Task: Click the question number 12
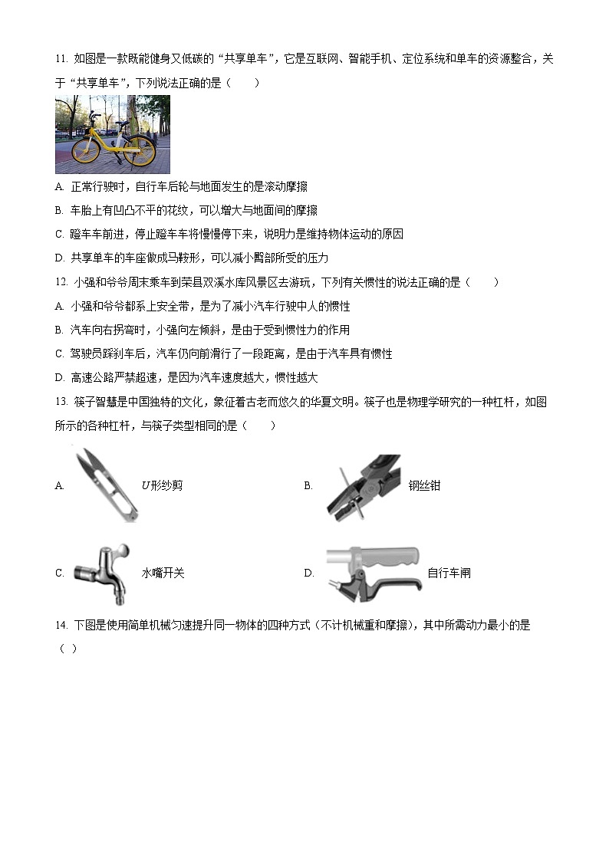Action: [x=61, y=282]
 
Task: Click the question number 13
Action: [x=61, y=402]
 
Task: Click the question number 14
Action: [x=61, y=626]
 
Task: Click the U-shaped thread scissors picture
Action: [x=106, y=485]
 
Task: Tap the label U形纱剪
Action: [x=162, y=485]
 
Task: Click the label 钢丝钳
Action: [x=424, y=485]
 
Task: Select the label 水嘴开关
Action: [x=163, y=573]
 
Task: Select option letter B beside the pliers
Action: [x=308, y=485]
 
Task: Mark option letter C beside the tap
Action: [x=59, y=573]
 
